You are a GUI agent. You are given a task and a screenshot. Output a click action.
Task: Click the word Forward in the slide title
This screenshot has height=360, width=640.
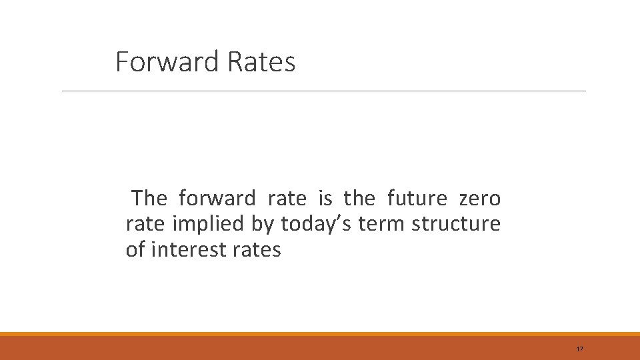167,62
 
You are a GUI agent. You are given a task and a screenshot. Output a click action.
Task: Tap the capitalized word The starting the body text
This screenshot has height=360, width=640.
149,199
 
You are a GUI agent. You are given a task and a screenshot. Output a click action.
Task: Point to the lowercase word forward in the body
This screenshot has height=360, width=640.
217,199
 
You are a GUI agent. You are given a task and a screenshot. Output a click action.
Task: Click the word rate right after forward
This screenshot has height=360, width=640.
287,199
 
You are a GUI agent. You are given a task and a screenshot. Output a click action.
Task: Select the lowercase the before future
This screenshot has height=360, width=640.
359,199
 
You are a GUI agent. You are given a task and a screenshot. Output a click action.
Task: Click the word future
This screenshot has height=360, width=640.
417,199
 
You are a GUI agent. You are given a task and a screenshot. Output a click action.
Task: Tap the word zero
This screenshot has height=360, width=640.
480,199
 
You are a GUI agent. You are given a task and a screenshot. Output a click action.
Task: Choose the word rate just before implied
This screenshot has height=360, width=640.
145,225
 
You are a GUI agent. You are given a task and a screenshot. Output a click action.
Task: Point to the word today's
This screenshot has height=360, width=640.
316,225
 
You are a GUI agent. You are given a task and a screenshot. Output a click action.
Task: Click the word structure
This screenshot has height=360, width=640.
456,225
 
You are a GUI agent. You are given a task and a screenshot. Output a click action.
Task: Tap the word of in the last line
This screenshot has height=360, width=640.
135,251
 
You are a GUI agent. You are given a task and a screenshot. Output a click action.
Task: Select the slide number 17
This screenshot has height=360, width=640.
579,349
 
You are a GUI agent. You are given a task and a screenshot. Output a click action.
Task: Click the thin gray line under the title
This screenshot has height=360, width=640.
324,91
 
